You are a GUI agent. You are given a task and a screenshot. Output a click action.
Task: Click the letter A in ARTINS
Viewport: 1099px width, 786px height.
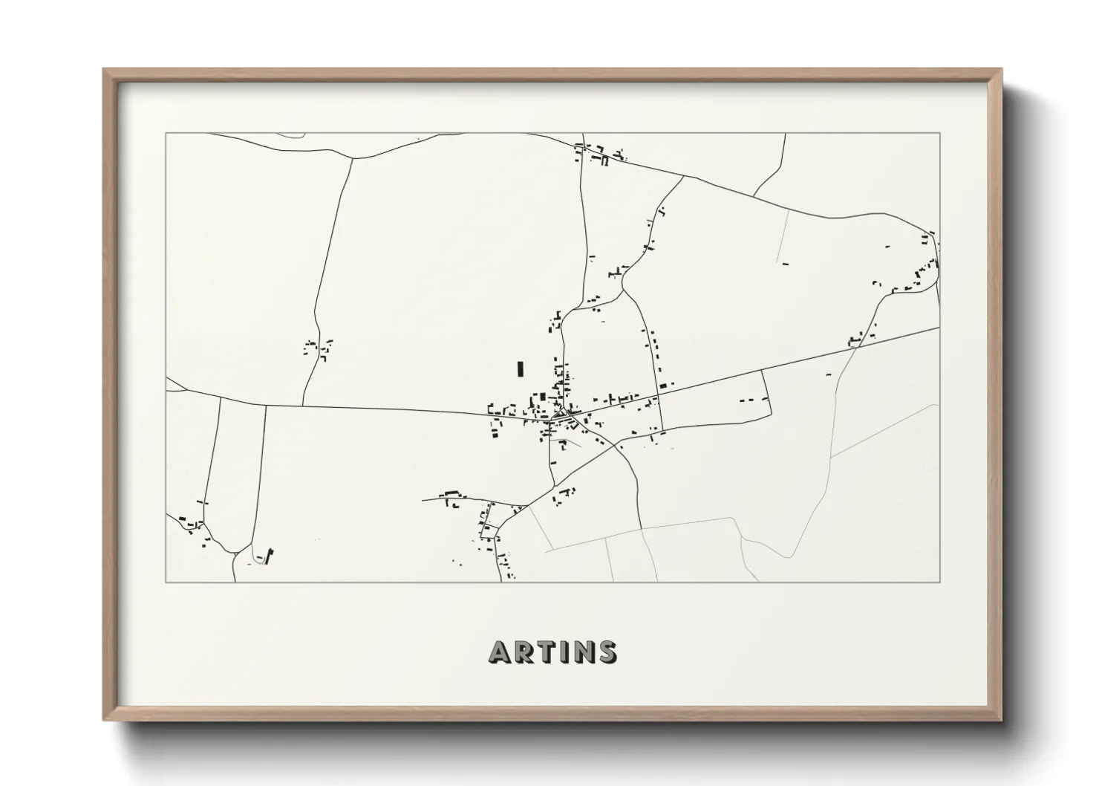(x=499, y=652)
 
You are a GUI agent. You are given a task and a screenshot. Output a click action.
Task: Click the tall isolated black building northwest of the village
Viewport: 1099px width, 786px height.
(x=520, y=368)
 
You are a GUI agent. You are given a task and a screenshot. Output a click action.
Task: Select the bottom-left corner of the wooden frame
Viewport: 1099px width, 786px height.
(x=104, y=720)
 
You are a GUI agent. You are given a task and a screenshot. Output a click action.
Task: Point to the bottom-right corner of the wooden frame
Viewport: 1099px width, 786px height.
(x=1002, y=720)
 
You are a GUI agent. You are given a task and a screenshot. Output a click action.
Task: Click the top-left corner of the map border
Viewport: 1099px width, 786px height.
(x=166, y=134)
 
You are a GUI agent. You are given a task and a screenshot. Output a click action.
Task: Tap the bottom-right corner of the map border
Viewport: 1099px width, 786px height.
(x=940, y=582)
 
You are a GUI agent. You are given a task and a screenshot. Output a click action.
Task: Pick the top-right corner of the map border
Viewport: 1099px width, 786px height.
(x=940, y=134)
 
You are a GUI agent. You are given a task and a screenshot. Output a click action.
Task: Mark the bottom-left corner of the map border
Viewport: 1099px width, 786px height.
(x=166, y=582)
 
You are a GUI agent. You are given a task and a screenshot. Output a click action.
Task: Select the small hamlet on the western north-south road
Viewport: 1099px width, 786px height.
(x=318, y=348)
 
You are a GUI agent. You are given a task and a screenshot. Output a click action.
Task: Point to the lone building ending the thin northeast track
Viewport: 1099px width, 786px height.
(x=784, y=262)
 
